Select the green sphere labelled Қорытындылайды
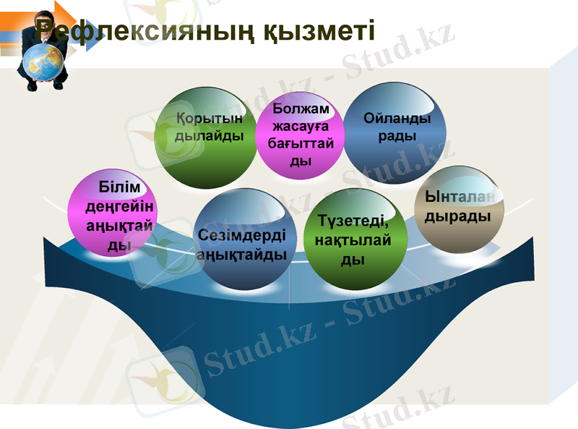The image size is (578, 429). (206, 137)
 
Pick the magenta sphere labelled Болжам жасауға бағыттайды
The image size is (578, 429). (299, 137)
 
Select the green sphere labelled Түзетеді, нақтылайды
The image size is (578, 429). (354, 239)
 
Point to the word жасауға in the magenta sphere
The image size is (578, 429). (301, 127)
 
